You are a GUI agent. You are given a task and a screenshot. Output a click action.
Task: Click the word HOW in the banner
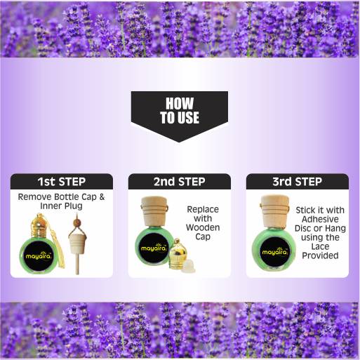coord(180,103)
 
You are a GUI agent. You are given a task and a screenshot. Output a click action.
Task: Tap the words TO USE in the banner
coord(180,117)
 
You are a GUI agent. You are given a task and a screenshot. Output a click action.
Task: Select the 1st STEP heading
coord(62,182)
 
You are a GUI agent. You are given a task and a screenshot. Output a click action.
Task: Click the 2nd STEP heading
coord(180,182)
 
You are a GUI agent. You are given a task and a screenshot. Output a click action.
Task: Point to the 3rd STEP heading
coord(298,182)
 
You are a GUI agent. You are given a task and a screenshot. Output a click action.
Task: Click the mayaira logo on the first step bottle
coord(38,256)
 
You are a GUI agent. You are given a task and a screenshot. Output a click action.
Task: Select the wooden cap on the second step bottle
coord(154,211)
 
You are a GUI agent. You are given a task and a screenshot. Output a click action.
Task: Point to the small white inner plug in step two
coord(189,267)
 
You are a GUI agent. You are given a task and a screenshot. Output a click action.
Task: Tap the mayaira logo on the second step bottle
coord(153,248)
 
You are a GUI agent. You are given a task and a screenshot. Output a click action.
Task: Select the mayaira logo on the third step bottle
coord(274,253)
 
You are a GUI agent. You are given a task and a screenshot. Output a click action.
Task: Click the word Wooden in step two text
coord(203,227)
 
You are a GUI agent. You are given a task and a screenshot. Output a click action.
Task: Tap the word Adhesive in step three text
coord(320,219)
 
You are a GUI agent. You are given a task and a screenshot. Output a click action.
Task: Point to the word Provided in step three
coord(320,255)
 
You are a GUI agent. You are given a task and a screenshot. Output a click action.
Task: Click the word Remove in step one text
coord(34,197)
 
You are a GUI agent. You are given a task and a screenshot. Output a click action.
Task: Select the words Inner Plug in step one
coord(61,206)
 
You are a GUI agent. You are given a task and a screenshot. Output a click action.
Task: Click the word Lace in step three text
coord(320,246)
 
